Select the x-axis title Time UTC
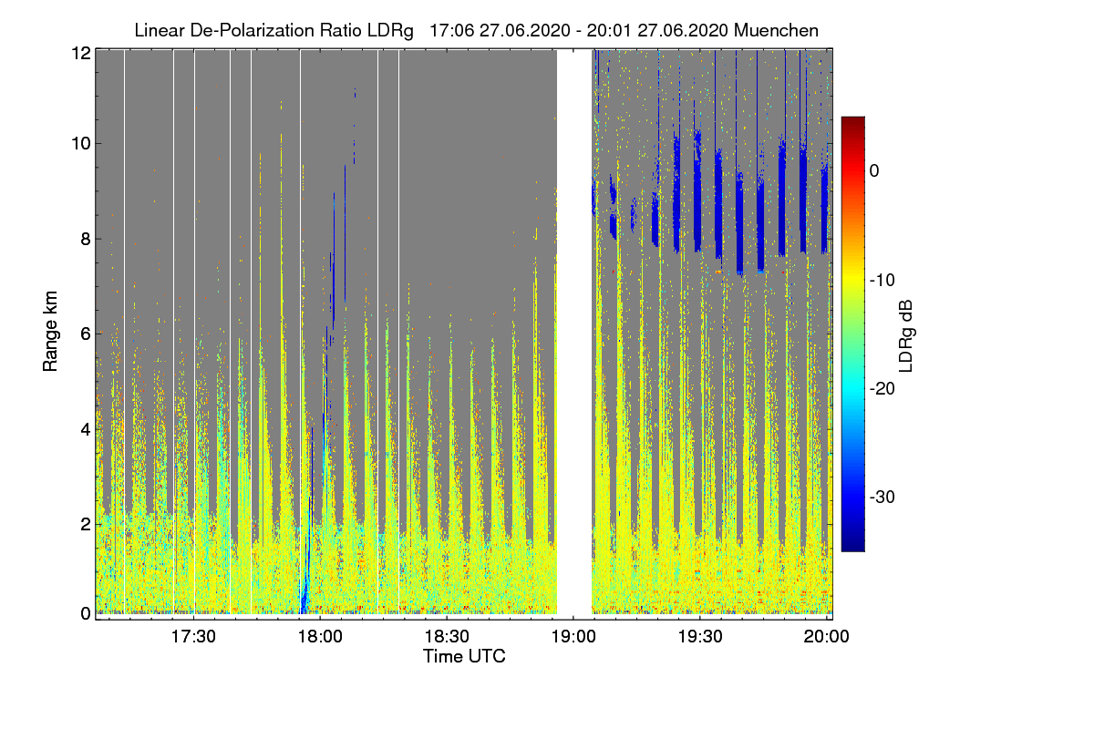coord(464,656)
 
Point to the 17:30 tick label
coord(193,636)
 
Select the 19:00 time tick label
coord(573,636)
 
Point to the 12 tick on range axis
coord(80,53)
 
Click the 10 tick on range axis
coord(80,143)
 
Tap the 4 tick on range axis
coord(84,428)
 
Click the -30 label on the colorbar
coord(881,498)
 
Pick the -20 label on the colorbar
coord(881,389)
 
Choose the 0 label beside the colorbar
coord(873,171)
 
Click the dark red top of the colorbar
coord(852,122)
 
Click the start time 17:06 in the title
coord(448,30)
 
